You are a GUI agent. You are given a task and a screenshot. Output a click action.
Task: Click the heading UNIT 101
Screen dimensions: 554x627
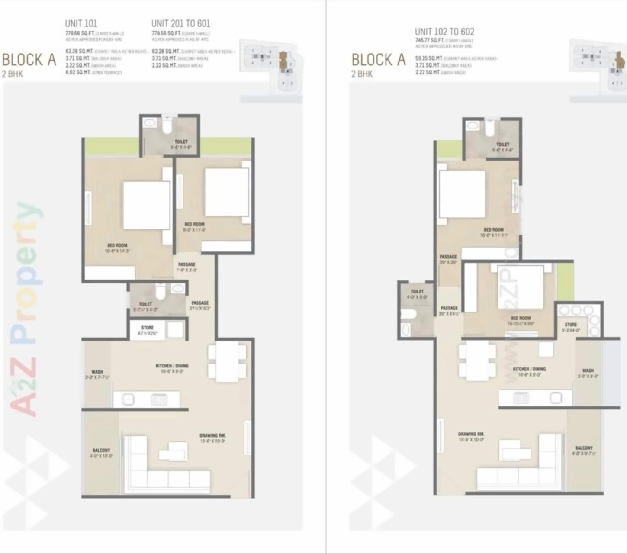[x=81, y=23]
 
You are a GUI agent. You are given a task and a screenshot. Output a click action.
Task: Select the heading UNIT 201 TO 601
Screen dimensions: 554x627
[x=180, y=23]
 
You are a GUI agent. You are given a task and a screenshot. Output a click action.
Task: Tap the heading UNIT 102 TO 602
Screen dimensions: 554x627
[x=444, y=32]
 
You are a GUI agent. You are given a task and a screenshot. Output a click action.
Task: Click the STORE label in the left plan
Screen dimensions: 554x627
[x=148, y=328]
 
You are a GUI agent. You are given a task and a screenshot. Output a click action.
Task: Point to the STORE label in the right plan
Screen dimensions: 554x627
[x=571, y=325]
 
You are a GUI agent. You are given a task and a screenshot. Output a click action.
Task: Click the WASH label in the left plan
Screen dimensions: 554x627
[x=97, y=372]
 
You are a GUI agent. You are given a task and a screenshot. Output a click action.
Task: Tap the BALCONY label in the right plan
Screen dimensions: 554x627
[x=584, y=448]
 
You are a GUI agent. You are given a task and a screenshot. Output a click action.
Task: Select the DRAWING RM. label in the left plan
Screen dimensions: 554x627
[x=212, y=435]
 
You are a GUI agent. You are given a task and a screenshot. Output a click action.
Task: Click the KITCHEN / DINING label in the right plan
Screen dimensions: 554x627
[x=529, y=369]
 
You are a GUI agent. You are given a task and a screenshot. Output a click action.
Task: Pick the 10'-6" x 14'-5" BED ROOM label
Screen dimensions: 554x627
[x=117, y=245]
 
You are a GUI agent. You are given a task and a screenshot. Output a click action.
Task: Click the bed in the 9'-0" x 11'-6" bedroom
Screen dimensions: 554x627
[x=227, y=192]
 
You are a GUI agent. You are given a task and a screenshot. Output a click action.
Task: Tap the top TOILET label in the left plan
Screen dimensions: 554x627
[x=181, y=142]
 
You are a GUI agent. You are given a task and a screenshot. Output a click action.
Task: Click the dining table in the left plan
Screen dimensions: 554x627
[x=227, y=362]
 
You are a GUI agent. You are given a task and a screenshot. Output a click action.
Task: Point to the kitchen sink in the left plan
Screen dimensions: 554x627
[x=128, y=399]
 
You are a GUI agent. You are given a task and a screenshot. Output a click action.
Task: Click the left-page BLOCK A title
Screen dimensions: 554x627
[x=29, y=60]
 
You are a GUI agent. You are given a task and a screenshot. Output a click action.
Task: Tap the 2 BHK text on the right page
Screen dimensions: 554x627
[x=362, y=74]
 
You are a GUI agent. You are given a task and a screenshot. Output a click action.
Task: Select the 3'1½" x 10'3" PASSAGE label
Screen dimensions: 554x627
[x=200, y=303]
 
